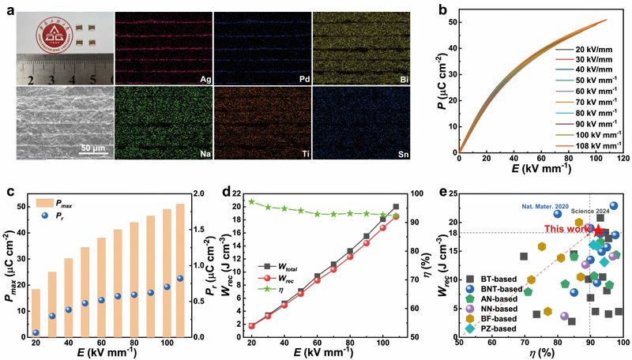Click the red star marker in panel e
(x=598, y=231)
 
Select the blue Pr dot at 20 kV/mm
(x=36, y=332)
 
